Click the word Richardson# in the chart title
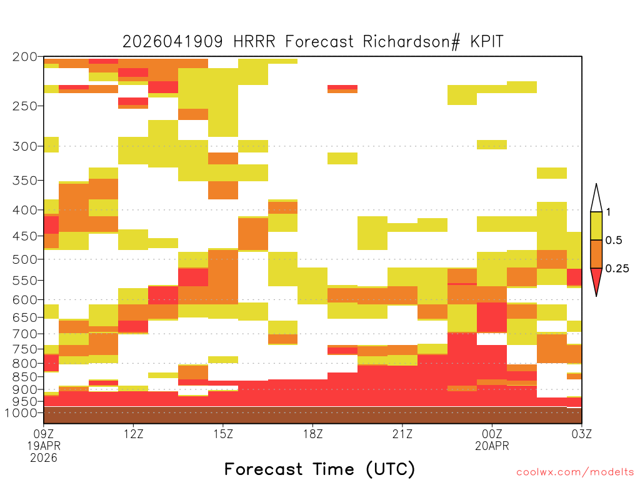(x=411, y=42)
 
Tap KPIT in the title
(x=486, y=42)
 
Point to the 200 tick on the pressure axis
(x=25, y=57)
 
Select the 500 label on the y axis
(x=25, y=259)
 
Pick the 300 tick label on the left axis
(x=25, y=146)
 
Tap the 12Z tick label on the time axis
(x=134, y=434)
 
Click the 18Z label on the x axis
(x=312, y=434)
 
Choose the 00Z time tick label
(x=492, y=434)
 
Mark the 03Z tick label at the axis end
(x=582, y=434)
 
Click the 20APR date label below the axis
(x=492, y=446)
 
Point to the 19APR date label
(x=44, y=446)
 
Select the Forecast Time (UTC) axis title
(x=319, y=469)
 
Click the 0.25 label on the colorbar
(x=617, y=269)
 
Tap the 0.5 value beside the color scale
(x=614, y=241)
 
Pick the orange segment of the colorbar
(x=596, y=254)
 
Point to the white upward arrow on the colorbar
(x=596, y=198)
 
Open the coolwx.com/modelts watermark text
(x=575, y=472)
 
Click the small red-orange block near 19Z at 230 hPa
(x=342, y=89)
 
